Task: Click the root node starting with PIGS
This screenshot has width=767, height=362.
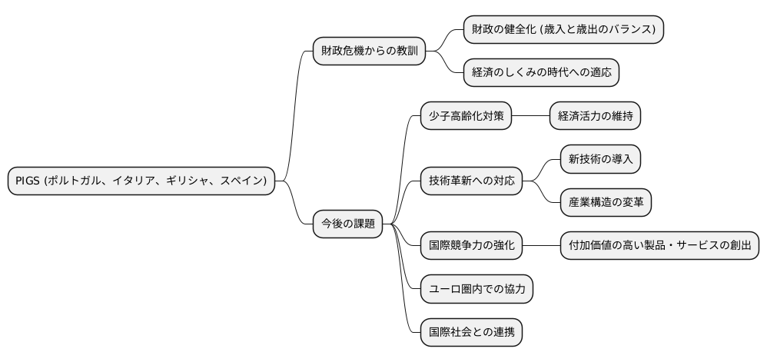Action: pyautogui.click(x=141, y=181)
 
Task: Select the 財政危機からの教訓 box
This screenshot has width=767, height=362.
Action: pyautogui.click(x=369, y=51)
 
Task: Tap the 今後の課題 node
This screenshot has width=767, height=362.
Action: pyautogui.click(x=347, y=224)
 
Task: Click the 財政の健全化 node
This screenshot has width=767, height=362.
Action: pyautogui.click(x=563, y=29)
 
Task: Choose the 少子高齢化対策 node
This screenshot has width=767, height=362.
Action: pyautogui.click(x=465, y=116)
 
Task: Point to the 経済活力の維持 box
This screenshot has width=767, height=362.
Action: pyautogui.click(x=595, y=116)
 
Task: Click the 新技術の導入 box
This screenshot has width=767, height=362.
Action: pyautogui.click(x=600, y=159)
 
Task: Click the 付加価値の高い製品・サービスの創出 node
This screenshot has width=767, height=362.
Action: pyautogui.click(x=659, y=246)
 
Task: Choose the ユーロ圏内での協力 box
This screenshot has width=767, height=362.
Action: pyautogui.click(x=476, y=290)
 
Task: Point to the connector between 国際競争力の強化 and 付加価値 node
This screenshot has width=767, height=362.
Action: pyautogui.click(x=541, y=246)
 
